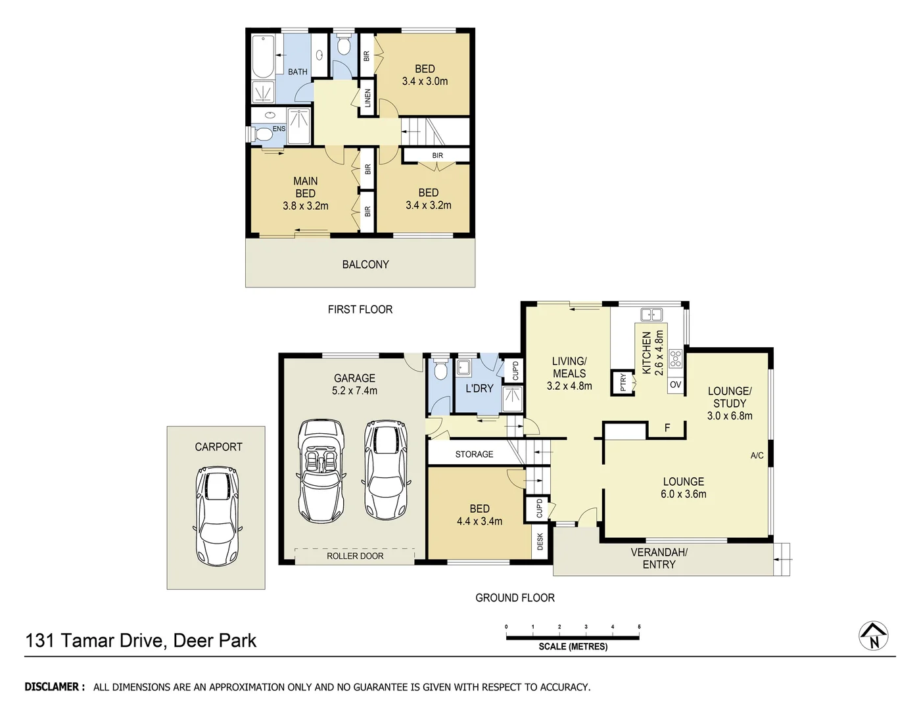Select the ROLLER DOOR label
pos(355,556)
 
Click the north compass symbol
pos(874,636)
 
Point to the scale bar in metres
pos(573,636)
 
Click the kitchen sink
pos(651,314)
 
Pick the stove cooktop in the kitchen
pos(676,359)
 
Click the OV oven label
pos(676,385)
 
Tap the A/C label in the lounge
pos(757,456)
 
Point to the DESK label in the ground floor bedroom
pos(540,542)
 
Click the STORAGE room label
pos(474,454)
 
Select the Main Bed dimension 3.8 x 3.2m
pos(306,206)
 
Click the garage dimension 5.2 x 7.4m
pos(354,390)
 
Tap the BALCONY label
pos(365,264)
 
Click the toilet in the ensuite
pos(263,134)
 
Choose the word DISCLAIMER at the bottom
pos(55,687)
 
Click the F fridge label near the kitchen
pos(667,428)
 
